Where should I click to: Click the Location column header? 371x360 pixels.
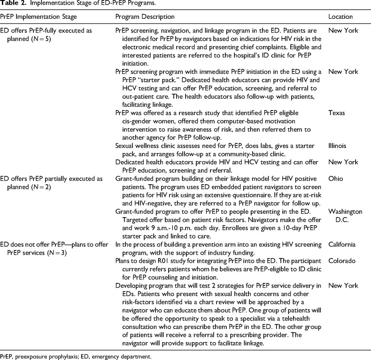[340, 17]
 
